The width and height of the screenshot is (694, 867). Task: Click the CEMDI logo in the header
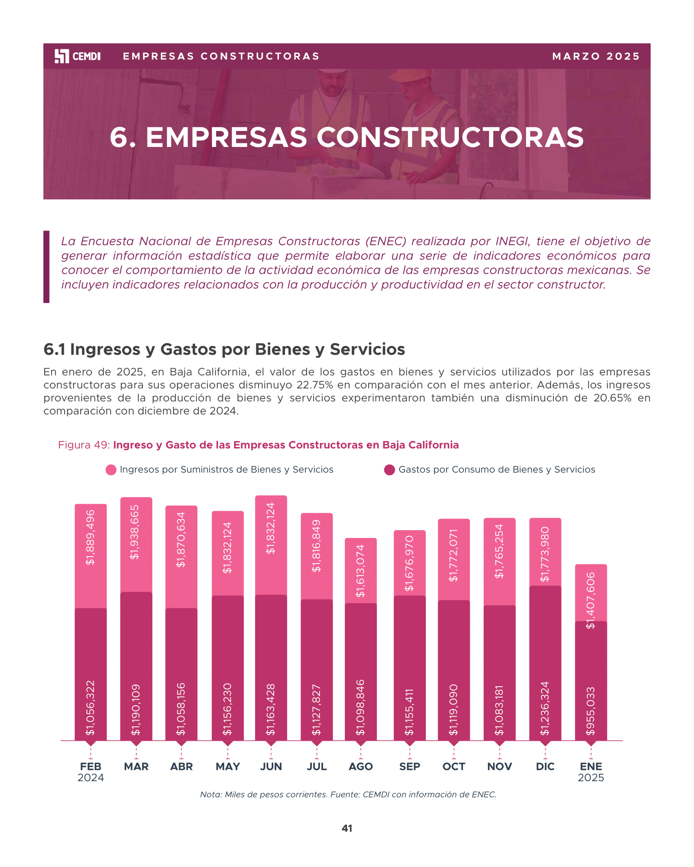[78, 56]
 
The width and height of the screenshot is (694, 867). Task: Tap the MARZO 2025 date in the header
[596, 56]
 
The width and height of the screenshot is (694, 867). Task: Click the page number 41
[347, 828]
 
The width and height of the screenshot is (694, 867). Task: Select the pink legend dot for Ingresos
[111, 470]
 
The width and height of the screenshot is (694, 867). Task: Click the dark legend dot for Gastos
[390, 470]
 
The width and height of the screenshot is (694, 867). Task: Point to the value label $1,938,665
[135, 532]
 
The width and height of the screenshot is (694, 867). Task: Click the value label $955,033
[591, 711]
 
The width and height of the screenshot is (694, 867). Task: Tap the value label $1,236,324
[545, 708]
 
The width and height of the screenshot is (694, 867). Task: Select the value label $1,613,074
[360, 571]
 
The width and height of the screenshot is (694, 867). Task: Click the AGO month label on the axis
[361, 766]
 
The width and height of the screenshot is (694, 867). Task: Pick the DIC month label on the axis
[545, 766]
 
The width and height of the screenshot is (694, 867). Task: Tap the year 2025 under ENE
[591, 778]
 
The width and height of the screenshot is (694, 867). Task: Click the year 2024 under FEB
[91, 778]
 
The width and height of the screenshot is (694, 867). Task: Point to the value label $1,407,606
[591, 600]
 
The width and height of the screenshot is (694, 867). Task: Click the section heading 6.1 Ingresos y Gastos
[224, 349]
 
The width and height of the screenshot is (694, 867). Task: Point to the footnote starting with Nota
[348, 795]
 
